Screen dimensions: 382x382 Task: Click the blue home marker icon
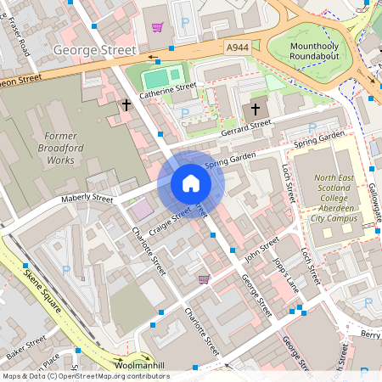click(191, 183)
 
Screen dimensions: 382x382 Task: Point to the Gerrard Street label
click(244, 126)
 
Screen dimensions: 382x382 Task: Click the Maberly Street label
click(87, 199)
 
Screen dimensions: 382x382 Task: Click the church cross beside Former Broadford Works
click(126, 105)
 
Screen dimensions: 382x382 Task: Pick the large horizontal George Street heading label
click(94, 50)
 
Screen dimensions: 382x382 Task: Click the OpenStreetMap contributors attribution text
click(85, 376)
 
